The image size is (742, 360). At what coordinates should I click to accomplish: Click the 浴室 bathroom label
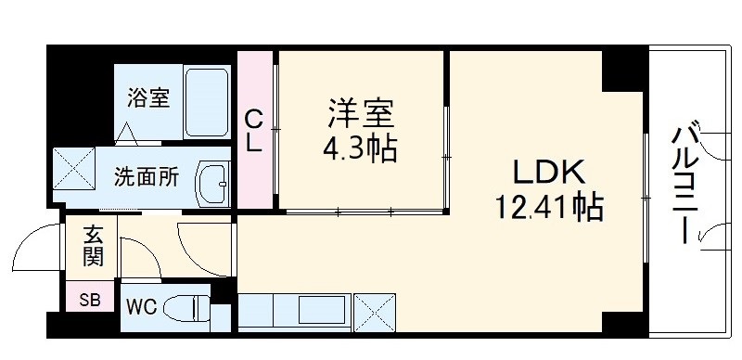[148, 96]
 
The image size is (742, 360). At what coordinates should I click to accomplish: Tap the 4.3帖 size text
[360, 148]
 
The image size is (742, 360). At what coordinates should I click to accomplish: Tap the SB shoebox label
[90, 300]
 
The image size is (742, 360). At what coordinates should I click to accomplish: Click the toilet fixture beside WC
[189, 306]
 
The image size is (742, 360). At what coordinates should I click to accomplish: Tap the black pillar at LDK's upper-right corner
[622, 70]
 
